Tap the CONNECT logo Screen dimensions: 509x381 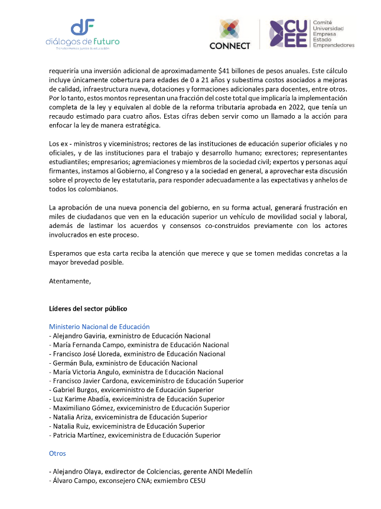pyautogui.click(x=230, y=35)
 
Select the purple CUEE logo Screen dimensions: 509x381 pyautogui.click(x=288, y=34)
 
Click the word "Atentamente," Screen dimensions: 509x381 pyautogui.click(x=70, y=280)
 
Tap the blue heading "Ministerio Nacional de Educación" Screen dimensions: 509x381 pyautogui.click(x=99, y=327)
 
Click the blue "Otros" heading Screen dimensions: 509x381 pyautogui.click(x=57, y=453)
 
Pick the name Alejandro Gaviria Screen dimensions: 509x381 pyautogui.click(x=76, y=335)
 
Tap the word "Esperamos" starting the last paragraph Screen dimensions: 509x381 pyautogui.click(x=66, y=253)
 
